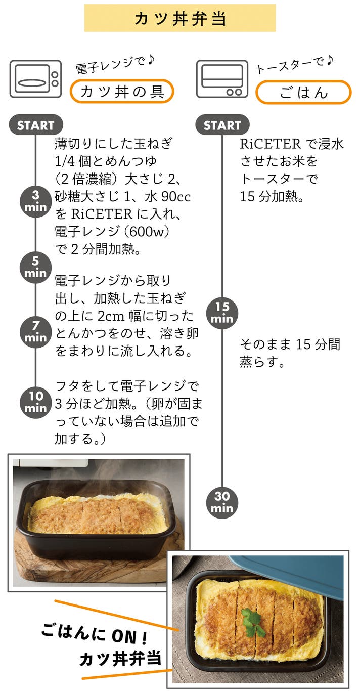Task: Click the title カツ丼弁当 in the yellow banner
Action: click(179, 18)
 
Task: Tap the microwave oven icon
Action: click(35, 79)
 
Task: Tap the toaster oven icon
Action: click(222, 78)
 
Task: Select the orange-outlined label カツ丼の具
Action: click(121, 92)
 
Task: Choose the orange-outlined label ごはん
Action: click(303, 92)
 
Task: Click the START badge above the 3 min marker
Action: click(35, 125)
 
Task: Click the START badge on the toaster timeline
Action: click(222, 125)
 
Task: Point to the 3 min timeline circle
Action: click(35, 201)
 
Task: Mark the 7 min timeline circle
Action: click(35, 331)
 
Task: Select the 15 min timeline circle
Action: click(222, 313)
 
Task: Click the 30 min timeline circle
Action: click(222, 503)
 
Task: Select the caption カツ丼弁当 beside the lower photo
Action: click(120, 659)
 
